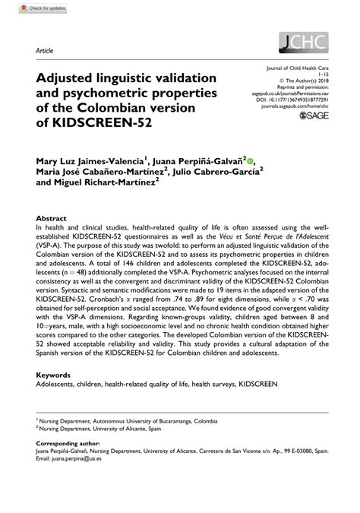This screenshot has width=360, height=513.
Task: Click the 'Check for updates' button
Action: tap(37, 10)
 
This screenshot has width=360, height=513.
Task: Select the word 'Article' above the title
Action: tap(44, 49)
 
